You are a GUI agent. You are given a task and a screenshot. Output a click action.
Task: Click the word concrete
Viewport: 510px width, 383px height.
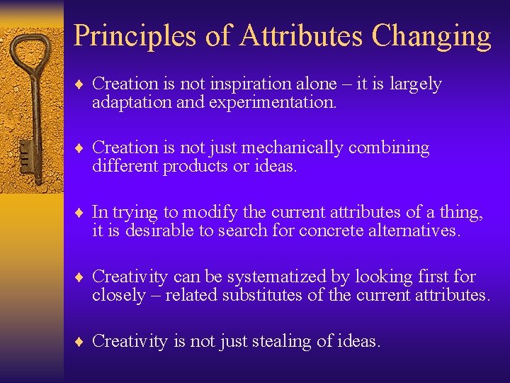(x=332, y=231)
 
